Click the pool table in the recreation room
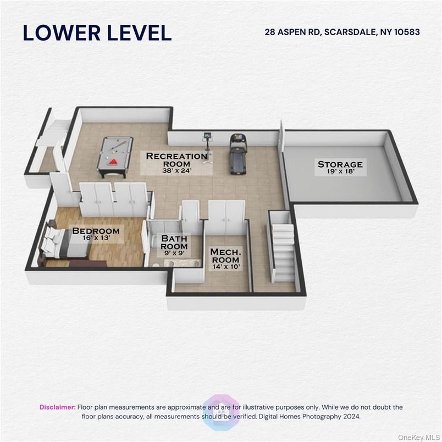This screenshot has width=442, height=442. (115, 157)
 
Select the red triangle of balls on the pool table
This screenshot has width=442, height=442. (113, 162)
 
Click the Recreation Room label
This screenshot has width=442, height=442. (176, 159)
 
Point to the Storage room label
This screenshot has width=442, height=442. (340, 164)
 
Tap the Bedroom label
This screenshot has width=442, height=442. (96, 230)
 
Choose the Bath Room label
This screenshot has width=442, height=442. (174, 242)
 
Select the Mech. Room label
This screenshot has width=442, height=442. (225, 256)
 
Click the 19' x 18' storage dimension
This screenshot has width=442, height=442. (340, 172)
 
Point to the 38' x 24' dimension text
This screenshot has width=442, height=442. (177, 170)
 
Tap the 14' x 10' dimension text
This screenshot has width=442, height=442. (226, 267)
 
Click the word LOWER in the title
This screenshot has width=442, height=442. (62, 32)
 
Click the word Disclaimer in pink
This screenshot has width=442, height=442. (58, 407)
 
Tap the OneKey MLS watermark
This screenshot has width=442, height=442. (418, 437)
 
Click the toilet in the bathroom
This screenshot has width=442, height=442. (156, 265)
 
